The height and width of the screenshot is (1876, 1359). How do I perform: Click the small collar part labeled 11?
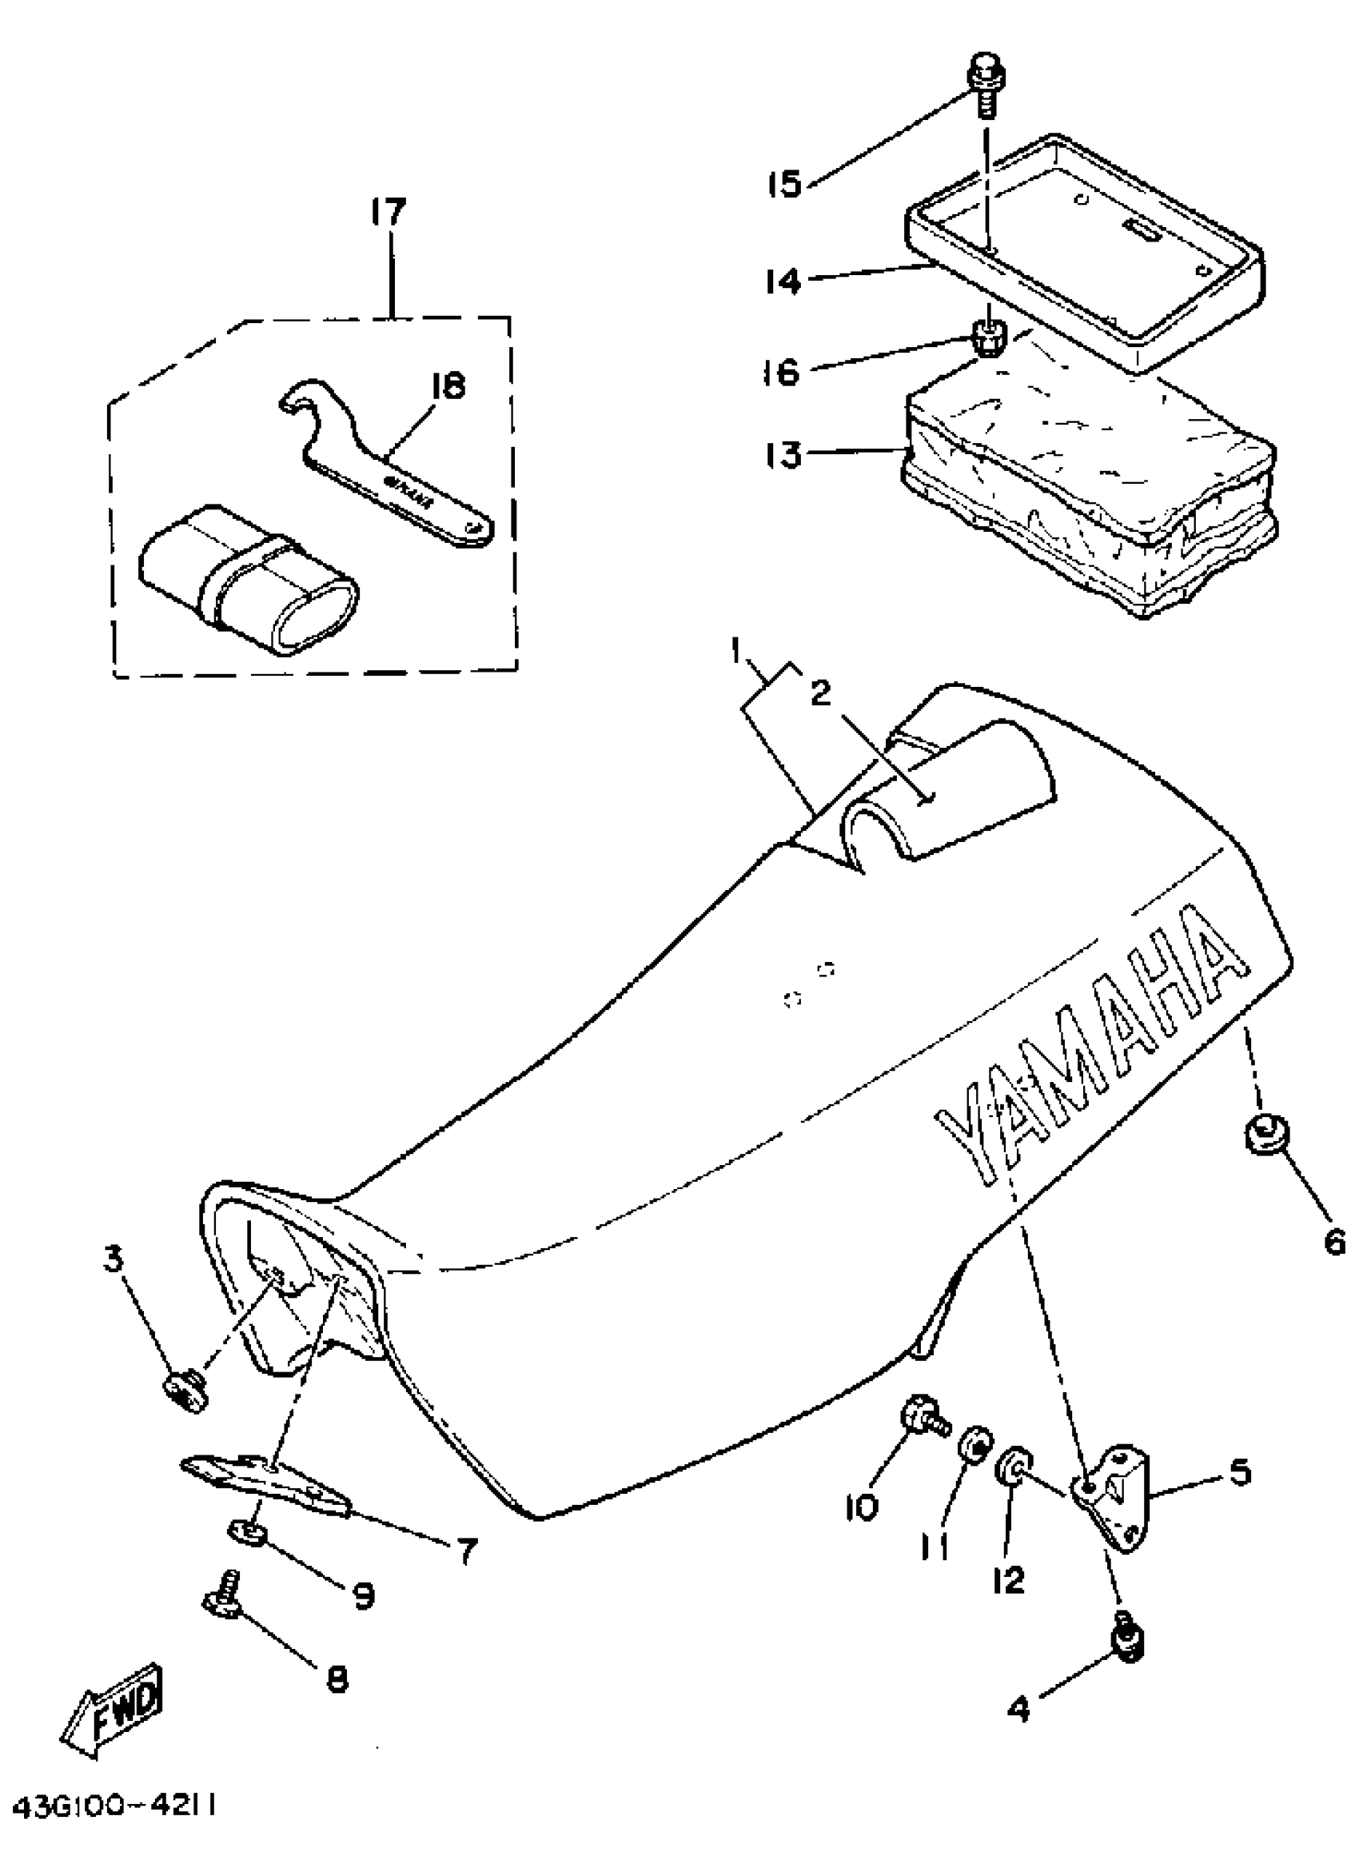point(975,1467)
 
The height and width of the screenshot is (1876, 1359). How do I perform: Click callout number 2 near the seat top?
point(819,693)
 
